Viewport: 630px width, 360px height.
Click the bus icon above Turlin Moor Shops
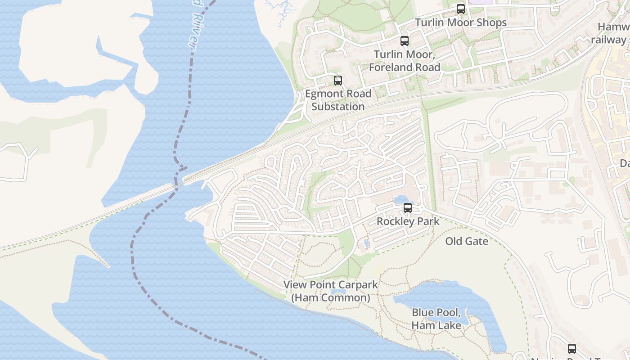pos(460,9)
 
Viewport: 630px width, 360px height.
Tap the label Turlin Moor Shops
pos(460,22)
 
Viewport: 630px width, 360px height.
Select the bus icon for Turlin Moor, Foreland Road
pos(404,41)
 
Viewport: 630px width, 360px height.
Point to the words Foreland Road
pos(404,67)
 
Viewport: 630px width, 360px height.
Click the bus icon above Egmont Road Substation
pos(337,81)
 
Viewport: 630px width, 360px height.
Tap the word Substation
pos(338,107)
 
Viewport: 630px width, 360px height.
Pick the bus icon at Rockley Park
pos(407,208)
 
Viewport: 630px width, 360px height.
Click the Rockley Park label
pos(408,221)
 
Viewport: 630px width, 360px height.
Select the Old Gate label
pos(467,241)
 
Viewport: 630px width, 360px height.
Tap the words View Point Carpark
pos(330,284)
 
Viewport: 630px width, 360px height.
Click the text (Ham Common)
pos(330,298)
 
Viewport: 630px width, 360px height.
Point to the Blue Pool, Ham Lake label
pos(436,319)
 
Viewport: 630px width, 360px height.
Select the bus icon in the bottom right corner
pos(571,348)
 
